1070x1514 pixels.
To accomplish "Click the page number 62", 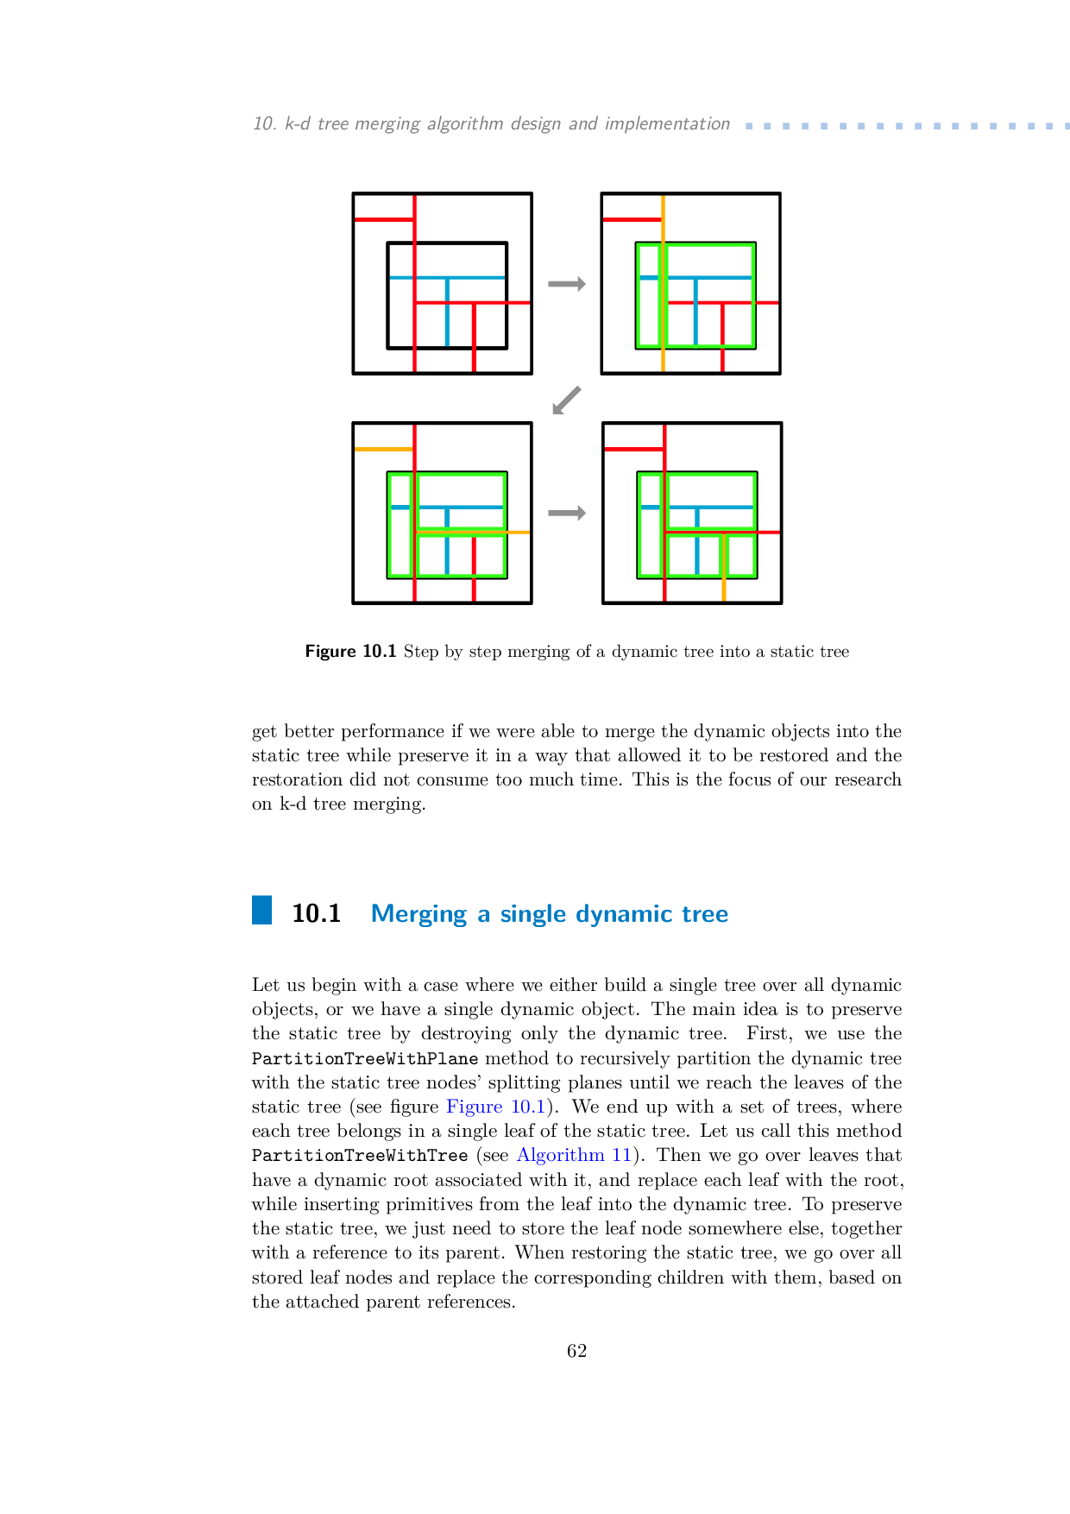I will tap(576, 1351).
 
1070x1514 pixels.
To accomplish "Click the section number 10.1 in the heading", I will tap(316, 913).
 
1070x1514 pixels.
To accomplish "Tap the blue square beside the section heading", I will tap(261, 911).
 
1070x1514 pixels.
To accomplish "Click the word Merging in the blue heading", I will tap(419, 914).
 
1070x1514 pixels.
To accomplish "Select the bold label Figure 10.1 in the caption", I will tap(350, 652).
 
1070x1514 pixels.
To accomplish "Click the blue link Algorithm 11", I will tap(574, 1155).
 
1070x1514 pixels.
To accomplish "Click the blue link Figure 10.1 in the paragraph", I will tap(496, 1107).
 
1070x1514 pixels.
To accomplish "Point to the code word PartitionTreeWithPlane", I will tap(365, 1058).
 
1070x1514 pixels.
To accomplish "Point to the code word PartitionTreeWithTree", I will tap(360, 1155).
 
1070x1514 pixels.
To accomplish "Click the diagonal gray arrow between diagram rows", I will tap(566, 401).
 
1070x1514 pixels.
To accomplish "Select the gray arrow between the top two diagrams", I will tap(567, 284).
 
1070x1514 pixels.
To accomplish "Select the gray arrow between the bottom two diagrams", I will tap(567, 514).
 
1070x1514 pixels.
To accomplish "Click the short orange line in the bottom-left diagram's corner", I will tap(384, 449).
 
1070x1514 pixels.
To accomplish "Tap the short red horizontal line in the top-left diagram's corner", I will tap(384, 219).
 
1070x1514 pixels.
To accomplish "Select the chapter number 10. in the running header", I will tap(264, 123).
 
